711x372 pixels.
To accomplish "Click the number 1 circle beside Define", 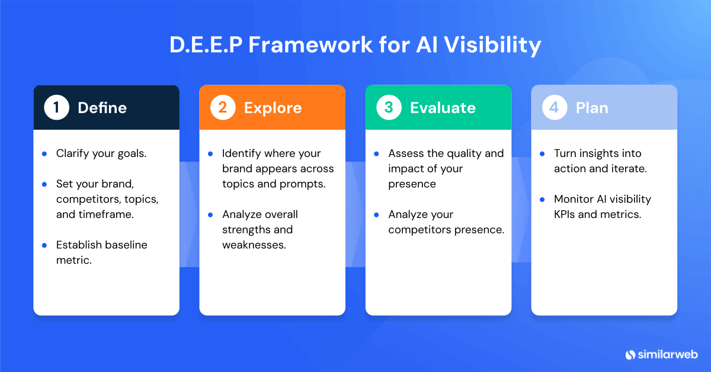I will click(57, 108).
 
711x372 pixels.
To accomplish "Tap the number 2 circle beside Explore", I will click(223, 108).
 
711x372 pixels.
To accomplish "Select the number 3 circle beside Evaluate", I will click(389, 108).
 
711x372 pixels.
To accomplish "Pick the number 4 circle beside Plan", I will click(555, 108).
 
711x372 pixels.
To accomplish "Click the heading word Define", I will click(102, 108).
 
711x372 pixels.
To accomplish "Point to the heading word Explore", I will click(273, 108).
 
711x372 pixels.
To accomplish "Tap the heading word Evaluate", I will click(443, 108).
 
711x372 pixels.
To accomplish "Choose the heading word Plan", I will click(592, 108).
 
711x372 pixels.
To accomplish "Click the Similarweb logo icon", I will click(630, 354).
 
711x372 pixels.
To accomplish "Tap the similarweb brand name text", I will click(668, 354).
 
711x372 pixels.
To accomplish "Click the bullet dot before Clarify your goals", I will click(44, 153).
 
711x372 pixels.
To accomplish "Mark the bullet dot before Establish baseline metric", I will click(44, 245).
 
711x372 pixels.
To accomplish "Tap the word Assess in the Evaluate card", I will click(406, 153).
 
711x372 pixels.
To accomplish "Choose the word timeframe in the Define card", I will click(105, 214).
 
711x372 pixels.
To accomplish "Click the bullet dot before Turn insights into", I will click(542, 153).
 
